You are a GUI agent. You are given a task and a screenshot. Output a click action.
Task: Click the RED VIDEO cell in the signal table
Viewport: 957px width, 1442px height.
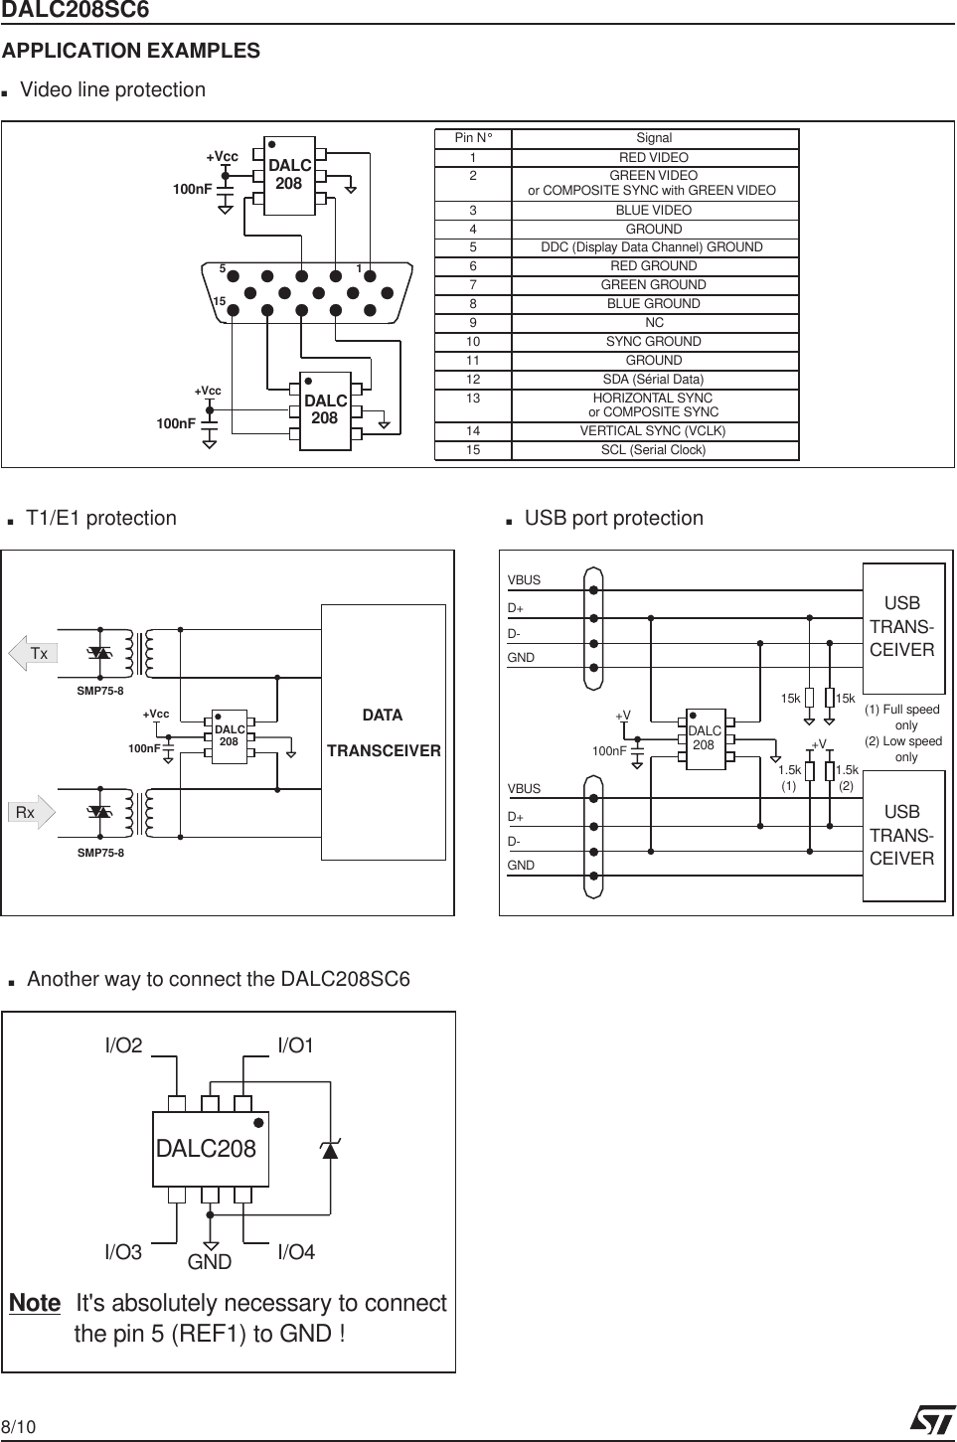[x=653, y=157]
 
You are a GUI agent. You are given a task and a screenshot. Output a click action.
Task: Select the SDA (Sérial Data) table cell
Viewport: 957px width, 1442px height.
[x=653, y=379]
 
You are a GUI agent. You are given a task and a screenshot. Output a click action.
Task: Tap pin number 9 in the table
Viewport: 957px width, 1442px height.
[x=473, y=322]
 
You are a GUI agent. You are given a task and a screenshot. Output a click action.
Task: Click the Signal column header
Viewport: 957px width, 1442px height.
[x=653, y=138]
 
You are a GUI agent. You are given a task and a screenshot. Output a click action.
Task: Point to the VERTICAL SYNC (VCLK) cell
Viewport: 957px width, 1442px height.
[x=653, y=430]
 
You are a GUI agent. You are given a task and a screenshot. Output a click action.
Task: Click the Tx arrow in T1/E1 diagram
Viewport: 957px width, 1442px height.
[x=32, y=653]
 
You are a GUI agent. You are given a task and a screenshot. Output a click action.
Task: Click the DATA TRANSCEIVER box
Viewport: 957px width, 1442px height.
[x=384, y=732]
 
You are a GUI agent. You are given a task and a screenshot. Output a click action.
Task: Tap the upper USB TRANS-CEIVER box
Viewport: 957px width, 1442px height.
[x=902, y=627]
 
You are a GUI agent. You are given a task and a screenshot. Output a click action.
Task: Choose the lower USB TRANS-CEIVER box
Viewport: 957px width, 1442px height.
[x=902, y=836]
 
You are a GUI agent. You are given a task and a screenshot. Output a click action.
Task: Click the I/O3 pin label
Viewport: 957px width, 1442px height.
[x=123, y=1252]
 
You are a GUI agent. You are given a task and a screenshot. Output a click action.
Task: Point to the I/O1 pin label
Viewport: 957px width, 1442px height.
[x=295, y=1045]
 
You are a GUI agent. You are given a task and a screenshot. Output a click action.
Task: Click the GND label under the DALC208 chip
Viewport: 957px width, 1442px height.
[x=210, y=1262]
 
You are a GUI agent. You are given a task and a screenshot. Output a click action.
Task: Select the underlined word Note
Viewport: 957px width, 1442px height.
[x=35, y=1303]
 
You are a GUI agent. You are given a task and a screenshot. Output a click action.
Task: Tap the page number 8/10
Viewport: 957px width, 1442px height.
[x=18, y=1428]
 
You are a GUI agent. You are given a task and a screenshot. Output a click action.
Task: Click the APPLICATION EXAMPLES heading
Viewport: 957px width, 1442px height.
[x=131, y=51]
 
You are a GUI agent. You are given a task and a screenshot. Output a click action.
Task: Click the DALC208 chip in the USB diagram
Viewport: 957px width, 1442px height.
[x=705, y=738]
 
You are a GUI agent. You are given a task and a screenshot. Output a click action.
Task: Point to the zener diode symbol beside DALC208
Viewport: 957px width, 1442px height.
[x=330, y=1150]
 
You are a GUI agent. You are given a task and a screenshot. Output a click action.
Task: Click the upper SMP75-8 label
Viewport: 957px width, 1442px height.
[x=100, y=692]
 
